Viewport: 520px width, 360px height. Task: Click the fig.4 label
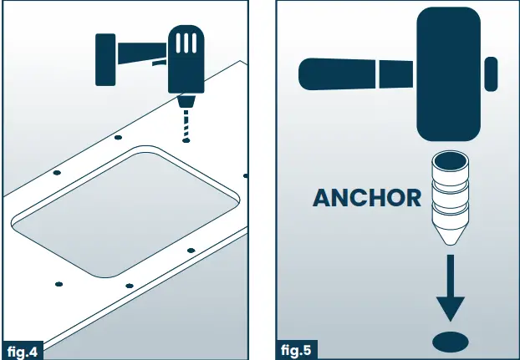(23, 351)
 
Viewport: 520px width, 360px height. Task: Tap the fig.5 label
(296, 350)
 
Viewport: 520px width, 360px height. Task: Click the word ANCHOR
(367, 198)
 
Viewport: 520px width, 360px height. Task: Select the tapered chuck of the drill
(186, 101)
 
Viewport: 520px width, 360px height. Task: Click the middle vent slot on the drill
(186, 43)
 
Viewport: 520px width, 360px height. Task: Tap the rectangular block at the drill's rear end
(105, 59)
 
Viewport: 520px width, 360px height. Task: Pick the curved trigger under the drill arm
(160, 63)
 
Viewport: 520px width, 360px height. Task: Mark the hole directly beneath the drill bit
(186, 140)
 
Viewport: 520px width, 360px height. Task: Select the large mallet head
(448, 74)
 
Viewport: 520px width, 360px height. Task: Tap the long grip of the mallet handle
(337, 74)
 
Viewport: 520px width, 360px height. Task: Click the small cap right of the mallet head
(491, 74)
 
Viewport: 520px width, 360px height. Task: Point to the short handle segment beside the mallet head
(396, 74)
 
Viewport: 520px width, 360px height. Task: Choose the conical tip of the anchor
(450, 233)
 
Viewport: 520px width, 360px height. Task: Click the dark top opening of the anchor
(451, 162)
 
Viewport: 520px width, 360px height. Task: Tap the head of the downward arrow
(451, 309)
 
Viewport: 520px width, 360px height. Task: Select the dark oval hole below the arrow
(451, 342)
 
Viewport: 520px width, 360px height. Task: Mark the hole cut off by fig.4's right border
(246, 176)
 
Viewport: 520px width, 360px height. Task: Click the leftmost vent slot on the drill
(178, 43)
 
